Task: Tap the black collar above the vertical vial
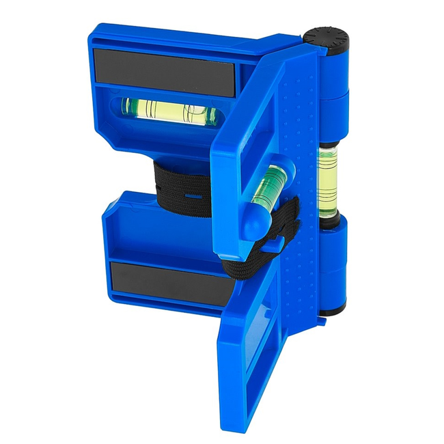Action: (328, 144)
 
